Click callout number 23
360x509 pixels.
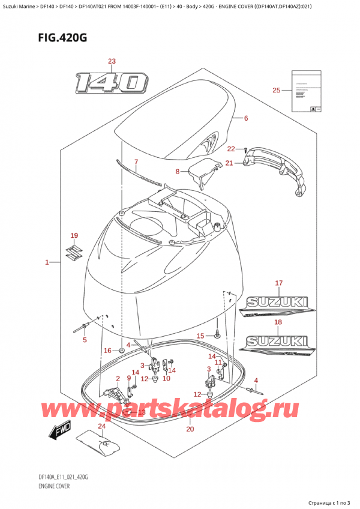pos(111,61)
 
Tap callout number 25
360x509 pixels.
pos(276,90)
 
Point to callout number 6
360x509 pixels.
pos(246,118)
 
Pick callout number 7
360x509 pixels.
pos(136,161)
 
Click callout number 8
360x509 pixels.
pos(177,172)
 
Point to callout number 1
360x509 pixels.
pos(47,262)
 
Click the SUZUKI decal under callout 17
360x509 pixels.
pos(276,305)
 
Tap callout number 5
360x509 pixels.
pos(84,340)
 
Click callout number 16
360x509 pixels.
pos(107,350)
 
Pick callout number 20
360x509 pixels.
pos(190,429)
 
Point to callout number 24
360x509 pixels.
pos(101,427)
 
